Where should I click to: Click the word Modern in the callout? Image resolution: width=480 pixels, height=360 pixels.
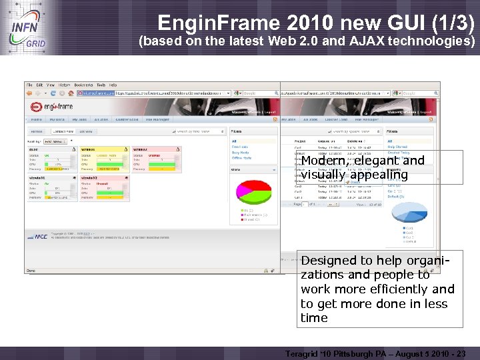coord(323,161)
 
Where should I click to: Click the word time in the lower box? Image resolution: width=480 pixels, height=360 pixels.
coord(314,318)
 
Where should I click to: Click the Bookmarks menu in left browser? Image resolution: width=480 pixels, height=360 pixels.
coord(83,85)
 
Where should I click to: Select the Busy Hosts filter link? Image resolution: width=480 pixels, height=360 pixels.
coord(241,153)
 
